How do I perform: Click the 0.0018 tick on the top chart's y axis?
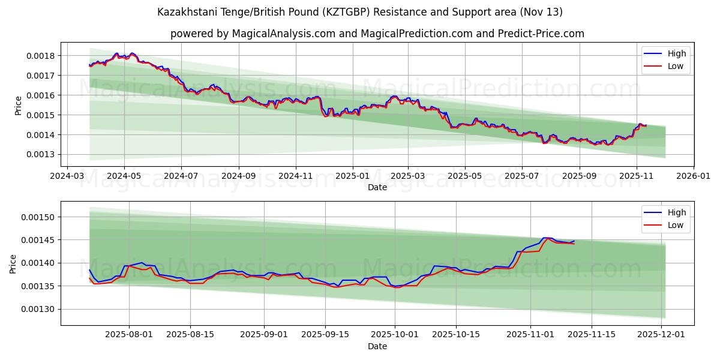coord(41,56)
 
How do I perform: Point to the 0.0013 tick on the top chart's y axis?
coord(41,155)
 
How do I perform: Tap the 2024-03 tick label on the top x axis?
coord(67,177)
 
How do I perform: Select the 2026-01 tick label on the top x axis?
coord(693,177)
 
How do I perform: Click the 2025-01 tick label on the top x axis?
coord(352,177)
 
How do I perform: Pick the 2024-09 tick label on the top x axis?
coord(239,177)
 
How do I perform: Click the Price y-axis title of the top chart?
coord(18,106)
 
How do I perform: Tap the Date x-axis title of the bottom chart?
coord(377,346)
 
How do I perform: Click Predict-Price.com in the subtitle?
coord(541,34)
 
